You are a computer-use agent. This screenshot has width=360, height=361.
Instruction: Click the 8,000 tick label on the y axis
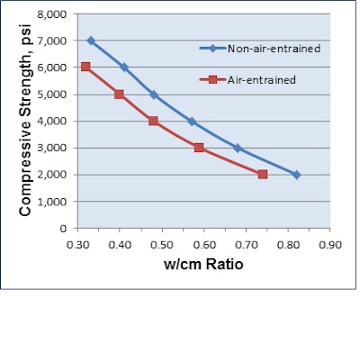(x=50, y=14)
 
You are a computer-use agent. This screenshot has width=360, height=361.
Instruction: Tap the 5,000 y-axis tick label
(x=50, y=95)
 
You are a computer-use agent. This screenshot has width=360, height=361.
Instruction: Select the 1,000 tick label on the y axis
(x=50, y=202)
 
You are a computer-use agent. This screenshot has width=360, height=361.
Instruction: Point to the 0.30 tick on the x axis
(x=77, y=242)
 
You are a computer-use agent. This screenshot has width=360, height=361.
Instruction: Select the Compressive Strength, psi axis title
(x=26, y=121)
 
